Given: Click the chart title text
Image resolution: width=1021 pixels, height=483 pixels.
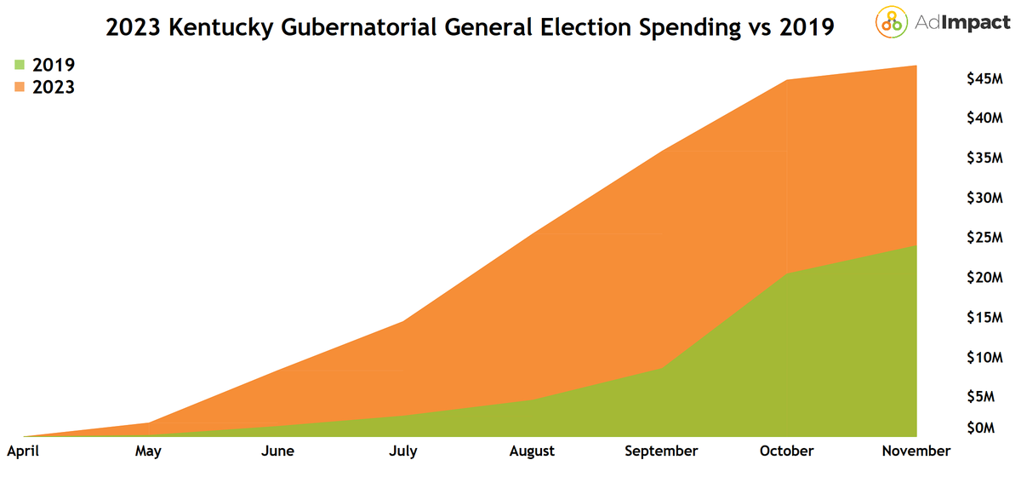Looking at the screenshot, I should tap(470, 27).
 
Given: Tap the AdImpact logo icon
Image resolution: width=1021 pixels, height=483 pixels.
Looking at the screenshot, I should tap(891, 23).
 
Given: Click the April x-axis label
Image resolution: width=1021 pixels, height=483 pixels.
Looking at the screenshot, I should tap(23, 451).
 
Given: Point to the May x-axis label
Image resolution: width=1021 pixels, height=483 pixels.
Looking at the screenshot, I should tap(148, 451).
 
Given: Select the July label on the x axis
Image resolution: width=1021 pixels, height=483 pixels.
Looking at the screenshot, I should tap(403, 451).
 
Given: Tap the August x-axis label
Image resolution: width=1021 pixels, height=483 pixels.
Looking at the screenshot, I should tap(532, 451).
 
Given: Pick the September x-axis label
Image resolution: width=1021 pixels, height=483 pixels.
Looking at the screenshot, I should tap(661, 451).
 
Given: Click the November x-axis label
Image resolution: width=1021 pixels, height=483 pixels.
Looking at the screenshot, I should tap(916, 451).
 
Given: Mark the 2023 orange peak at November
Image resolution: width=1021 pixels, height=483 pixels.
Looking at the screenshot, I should tap(916, 66).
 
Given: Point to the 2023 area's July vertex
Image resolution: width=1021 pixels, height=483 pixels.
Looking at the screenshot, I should tap(404, 321).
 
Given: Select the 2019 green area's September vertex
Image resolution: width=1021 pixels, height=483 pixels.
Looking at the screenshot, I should tap(661, 369).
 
